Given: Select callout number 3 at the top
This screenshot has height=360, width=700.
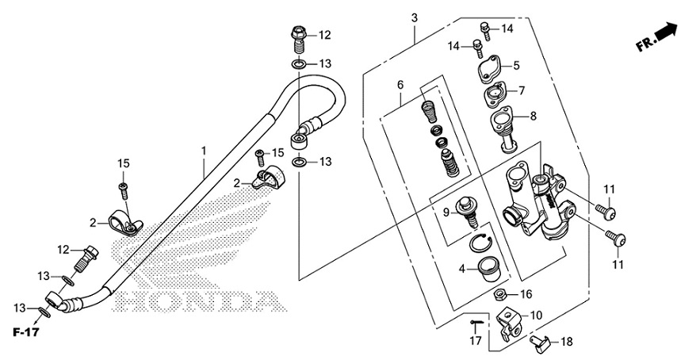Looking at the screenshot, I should point(415,17).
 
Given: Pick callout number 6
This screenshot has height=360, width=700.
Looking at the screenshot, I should point(401,85).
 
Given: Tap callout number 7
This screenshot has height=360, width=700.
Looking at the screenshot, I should point(522,90).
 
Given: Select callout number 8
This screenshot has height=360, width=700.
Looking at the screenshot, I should point(533,116).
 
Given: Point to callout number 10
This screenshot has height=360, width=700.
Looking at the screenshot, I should point(537,316).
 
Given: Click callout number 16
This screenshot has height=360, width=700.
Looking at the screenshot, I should point(526,294).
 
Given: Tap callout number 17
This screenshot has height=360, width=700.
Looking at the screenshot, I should point(475,341).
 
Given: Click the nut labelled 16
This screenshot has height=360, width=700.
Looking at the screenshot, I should point(501,295).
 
